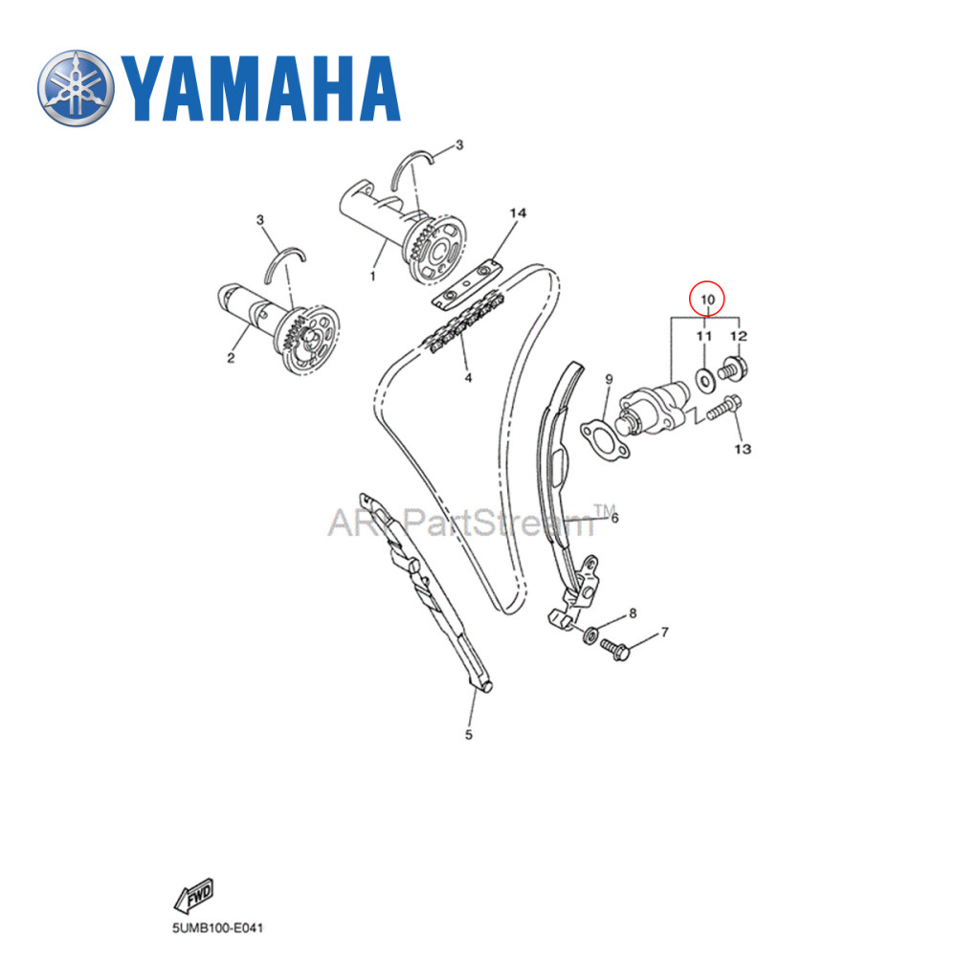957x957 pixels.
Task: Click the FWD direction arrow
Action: click(194, 897)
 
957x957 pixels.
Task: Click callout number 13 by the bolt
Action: click(743, 448)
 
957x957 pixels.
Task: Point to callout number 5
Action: click(469, 735)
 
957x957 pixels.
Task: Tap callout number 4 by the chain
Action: click(469, 377)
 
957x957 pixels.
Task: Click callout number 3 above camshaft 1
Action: click(458, 145)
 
